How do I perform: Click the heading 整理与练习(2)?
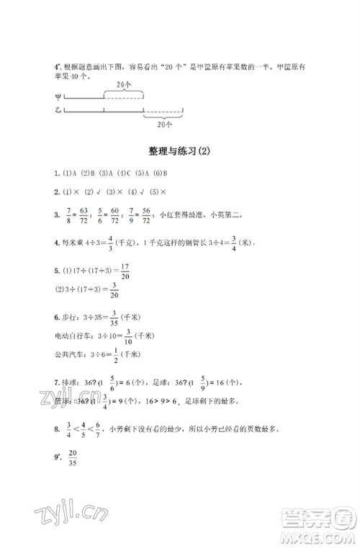(x=181, y=151)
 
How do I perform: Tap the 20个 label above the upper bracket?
(x=124, y=84)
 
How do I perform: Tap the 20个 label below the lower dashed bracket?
(x=163, y=123)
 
